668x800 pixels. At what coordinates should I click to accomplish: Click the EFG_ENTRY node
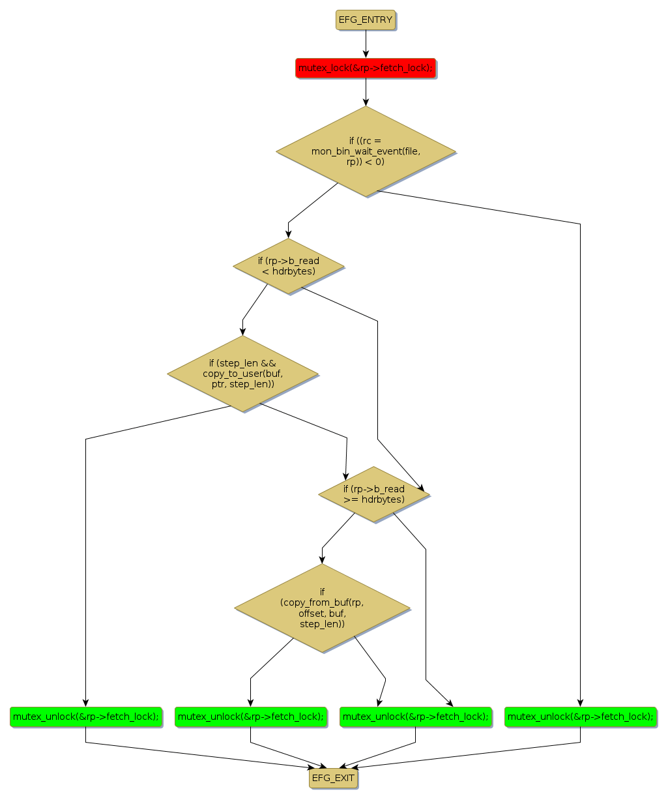click(x=366, y=20)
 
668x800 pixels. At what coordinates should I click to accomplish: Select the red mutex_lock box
click(x=366, y=68)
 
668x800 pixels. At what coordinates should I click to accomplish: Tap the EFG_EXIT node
click(x=333, y=778)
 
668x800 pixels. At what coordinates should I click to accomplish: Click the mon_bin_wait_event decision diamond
click(x=366, y=151)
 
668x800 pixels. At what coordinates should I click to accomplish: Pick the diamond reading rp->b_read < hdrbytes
click(x=288, y=266)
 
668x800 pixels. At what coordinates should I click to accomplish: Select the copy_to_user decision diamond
click(x=242, y=374)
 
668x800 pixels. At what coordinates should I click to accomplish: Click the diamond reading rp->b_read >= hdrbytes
click(x=373, y=494)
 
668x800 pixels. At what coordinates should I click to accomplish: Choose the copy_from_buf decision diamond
click(x=322, y=608)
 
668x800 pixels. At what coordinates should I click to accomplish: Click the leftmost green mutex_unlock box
click(x=85, y=717)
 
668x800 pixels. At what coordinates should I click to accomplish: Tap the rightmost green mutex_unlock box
click(x=580, y=717)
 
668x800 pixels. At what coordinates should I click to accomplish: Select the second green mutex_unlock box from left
click(x=250, y=717)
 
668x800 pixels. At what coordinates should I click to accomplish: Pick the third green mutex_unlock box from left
click(x=415, y=717)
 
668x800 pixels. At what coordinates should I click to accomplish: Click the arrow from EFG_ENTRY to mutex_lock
click(x=366, y=44)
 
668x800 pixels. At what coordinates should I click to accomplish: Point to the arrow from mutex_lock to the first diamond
click(x=366, y=92)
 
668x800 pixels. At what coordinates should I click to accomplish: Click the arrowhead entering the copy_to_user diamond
click(x=242, y=331)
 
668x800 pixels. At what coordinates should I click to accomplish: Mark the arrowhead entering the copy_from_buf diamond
click(x=322, y=559)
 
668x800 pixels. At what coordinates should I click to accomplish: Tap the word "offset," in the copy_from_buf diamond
click(x=313, y=614)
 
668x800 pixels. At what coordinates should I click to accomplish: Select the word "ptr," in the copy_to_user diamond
click(x=219, y=384)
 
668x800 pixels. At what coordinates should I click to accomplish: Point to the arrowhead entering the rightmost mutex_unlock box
click(x=580, y=702)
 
